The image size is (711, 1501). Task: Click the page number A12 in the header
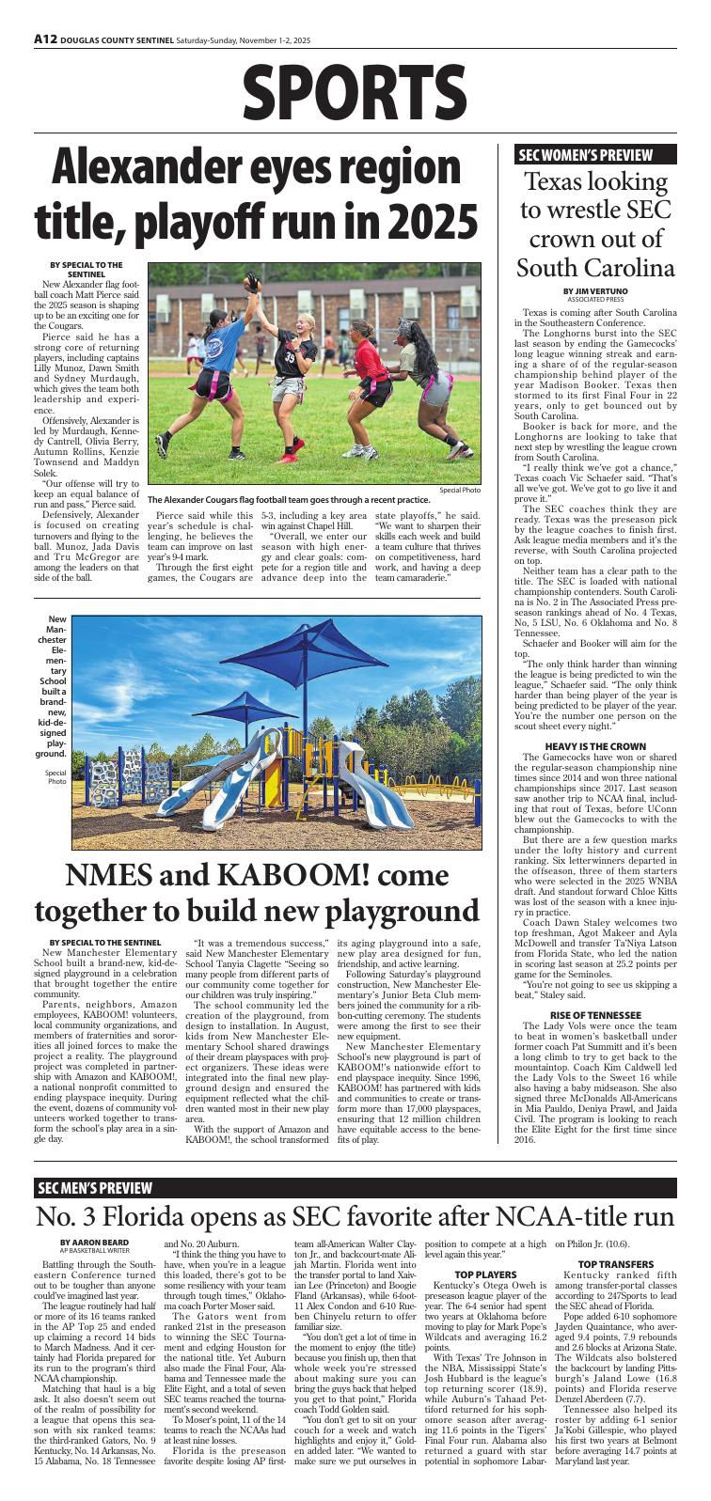tap(45, 40)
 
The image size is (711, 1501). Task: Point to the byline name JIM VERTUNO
tap(604, 291)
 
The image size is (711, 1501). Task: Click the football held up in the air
tap(252, 280)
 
